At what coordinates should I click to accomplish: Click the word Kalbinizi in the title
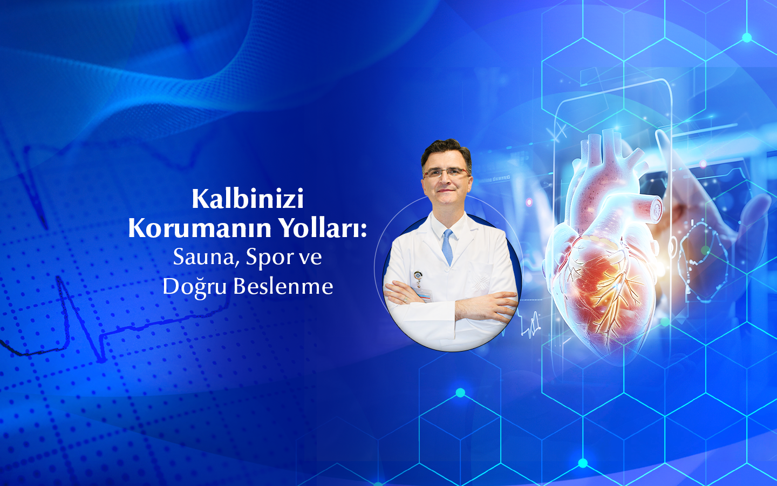pos(248,199)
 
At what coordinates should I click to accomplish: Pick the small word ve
pos(310,258)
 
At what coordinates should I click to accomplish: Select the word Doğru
pos(194,287)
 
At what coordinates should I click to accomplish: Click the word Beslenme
pos(283,286)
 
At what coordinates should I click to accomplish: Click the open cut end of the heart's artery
pos(656,208)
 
